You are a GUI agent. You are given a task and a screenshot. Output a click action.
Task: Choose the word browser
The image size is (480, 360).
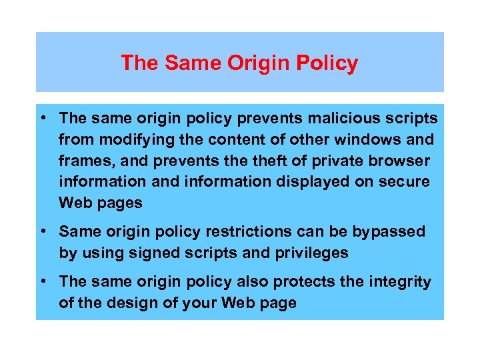pyautogui.click(x=398, y=161)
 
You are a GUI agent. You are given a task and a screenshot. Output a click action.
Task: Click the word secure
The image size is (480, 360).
pyautogui.click(x=406, y=182)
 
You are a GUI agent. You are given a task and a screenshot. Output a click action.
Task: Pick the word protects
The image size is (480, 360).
pyautogui.click(x=302, y=282)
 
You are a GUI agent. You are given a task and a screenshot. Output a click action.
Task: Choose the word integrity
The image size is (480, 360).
pyautogui.click(x=396, y=282)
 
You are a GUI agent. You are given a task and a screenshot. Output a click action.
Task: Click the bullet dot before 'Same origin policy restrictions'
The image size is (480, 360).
pyautogui.click(x=43, y=231)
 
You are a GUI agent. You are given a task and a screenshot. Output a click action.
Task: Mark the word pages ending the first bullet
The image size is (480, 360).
pyautogui.click(x=121, y=203)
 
